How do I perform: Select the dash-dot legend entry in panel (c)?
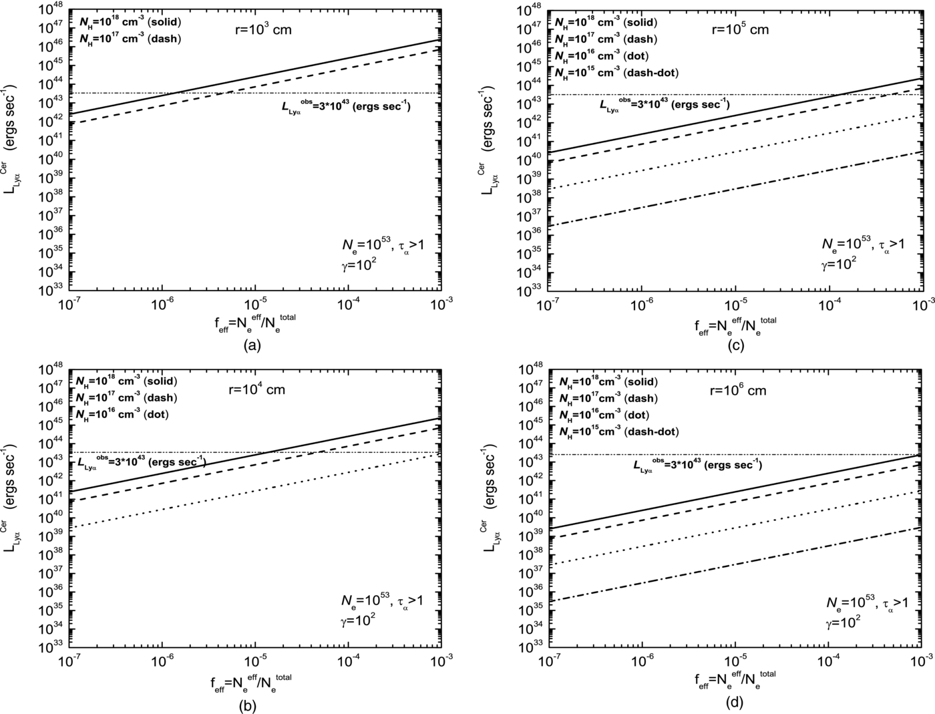click(x=616, y=72)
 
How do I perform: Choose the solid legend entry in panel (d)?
click(x=608, y=382)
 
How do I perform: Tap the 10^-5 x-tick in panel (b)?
click(x=254, y=660)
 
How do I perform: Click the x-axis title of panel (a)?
click(x=252, y=323)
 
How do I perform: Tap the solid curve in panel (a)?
click(x=254, y=77)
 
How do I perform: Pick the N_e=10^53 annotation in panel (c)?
click(x=863, y=245)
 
